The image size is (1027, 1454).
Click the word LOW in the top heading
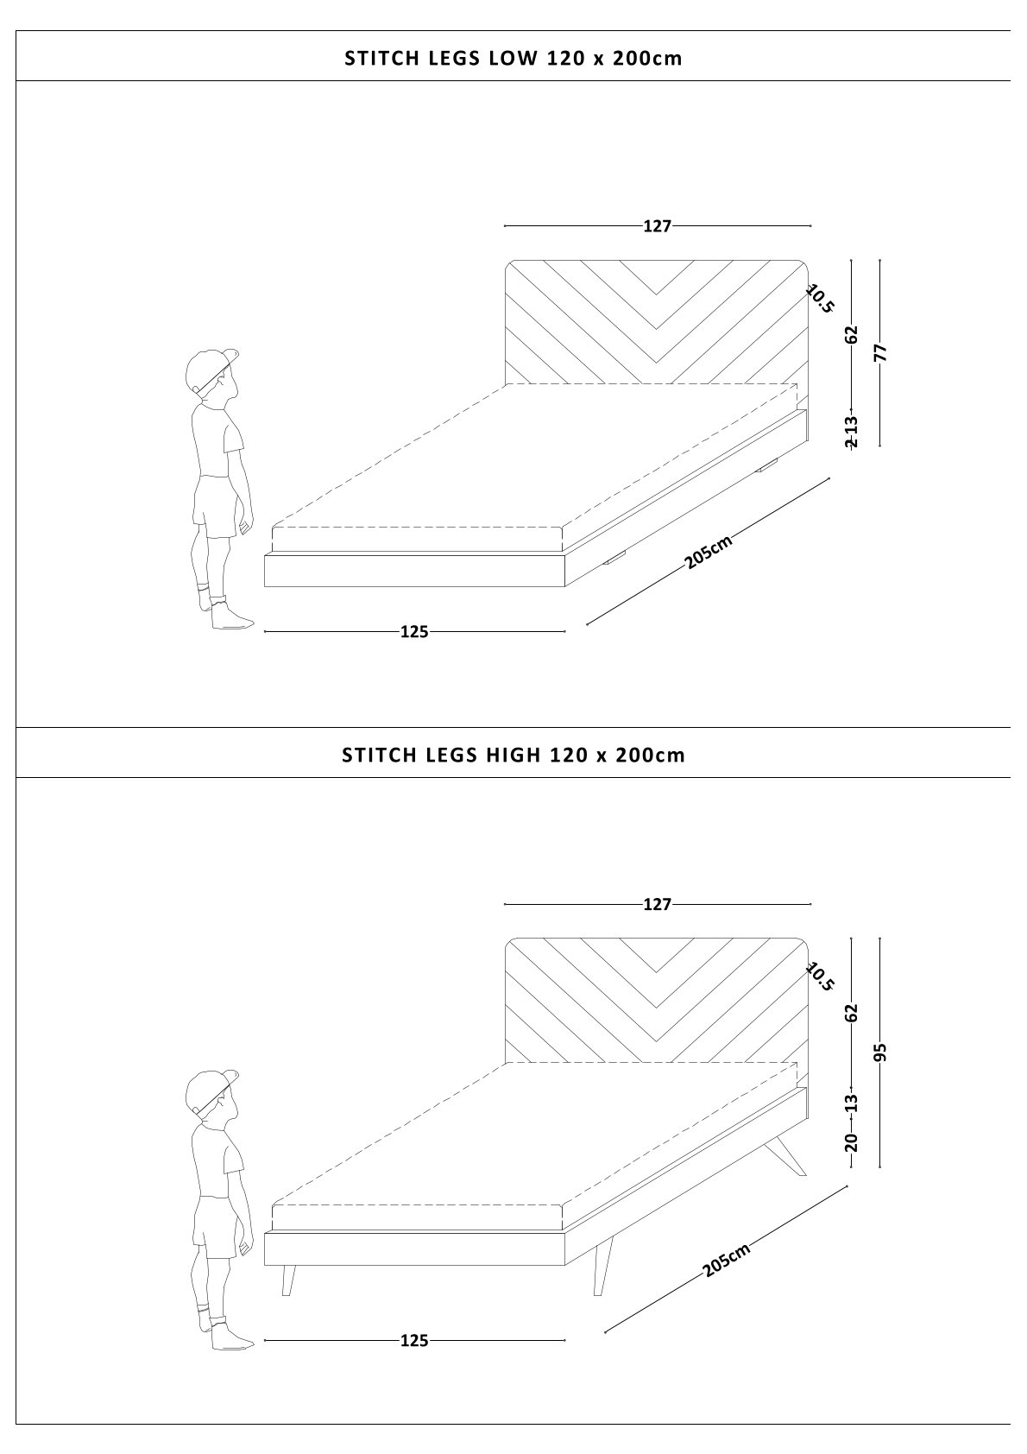513,59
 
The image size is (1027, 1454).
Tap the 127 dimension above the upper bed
658,226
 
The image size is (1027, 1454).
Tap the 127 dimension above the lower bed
658,904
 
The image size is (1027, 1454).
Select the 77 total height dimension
879,352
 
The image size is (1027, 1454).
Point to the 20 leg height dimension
852,1142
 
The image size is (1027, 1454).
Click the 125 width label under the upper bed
414,631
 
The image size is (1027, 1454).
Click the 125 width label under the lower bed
414,1340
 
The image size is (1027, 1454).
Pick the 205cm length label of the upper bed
709,552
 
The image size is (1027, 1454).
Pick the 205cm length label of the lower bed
727,1260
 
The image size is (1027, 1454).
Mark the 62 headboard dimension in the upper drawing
852,334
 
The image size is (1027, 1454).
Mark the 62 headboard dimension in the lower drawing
852,1013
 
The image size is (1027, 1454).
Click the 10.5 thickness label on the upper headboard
820,300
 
